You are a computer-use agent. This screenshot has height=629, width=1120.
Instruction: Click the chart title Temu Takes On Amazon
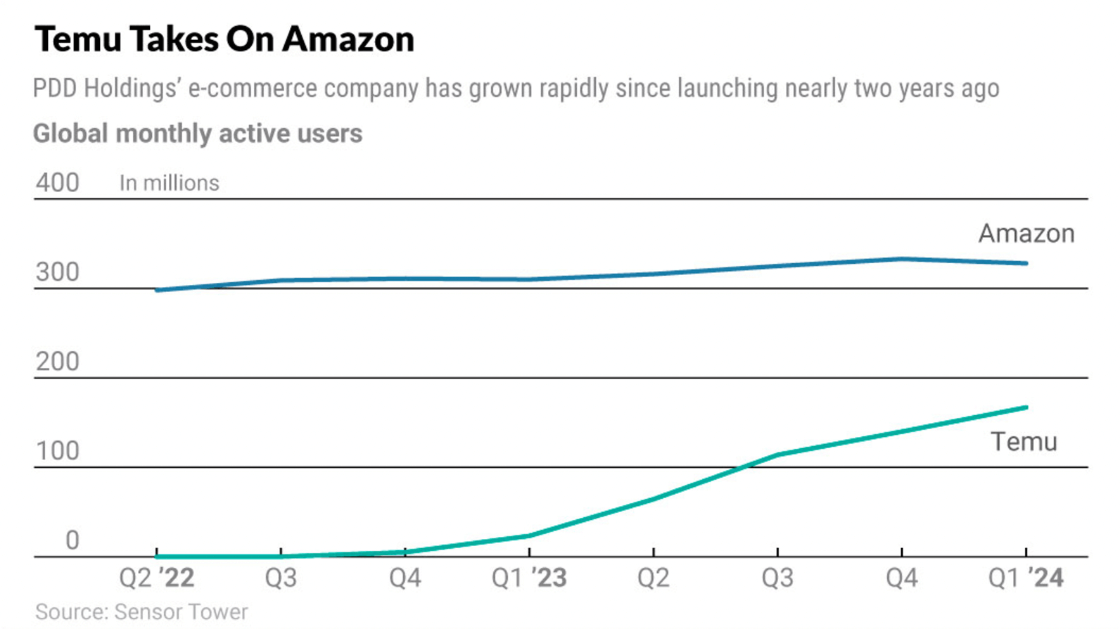point(224,39)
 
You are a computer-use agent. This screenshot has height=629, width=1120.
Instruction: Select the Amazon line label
point(1026,234)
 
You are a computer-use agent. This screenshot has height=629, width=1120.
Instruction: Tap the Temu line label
point(1024,442)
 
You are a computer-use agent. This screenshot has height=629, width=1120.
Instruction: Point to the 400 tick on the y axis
point(58,183)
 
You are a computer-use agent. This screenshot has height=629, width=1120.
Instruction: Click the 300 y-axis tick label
point(58,272)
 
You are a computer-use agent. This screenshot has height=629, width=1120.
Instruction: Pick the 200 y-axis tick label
point(58,362)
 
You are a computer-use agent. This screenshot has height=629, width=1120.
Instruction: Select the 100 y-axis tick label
point(58,451)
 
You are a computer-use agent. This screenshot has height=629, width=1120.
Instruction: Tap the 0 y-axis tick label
point(72,540)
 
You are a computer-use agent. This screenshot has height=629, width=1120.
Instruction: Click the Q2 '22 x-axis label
point(156,578)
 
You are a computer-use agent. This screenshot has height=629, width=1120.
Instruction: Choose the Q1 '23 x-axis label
point(529,578)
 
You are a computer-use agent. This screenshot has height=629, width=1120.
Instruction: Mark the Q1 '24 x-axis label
point(1026,578)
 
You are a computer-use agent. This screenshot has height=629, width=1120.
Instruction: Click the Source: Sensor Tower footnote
point(141,612)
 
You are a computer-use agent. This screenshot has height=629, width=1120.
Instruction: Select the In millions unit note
point(169,183)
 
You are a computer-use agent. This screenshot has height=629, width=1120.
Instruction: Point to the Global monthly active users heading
point(198,134)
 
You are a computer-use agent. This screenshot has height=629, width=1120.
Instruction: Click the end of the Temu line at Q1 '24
point(1026,407)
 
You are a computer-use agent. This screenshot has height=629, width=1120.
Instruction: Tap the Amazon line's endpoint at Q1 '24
point(1026,264)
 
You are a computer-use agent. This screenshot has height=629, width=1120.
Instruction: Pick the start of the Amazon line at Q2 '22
point(157,290)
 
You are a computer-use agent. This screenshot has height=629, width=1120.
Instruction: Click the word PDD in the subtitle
point(56,89)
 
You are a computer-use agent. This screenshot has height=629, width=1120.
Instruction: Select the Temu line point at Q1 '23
point(529,535)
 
